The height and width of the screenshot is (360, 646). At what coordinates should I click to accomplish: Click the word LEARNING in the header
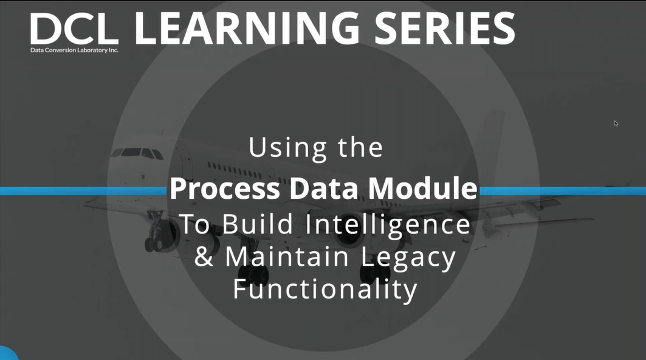point(248,27)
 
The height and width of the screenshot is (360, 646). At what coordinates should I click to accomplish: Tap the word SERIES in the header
point(447,27)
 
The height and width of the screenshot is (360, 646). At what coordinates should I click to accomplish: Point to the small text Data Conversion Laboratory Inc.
point(74,50)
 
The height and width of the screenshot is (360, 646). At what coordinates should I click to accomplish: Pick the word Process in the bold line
point(224,190)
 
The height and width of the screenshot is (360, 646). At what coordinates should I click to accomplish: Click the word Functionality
point(325,289)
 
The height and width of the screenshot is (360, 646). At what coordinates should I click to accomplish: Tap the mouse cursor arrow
point(616,123)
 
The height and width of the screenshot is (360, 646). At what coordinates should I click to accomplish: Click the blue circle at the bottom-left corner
point(6,354)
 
